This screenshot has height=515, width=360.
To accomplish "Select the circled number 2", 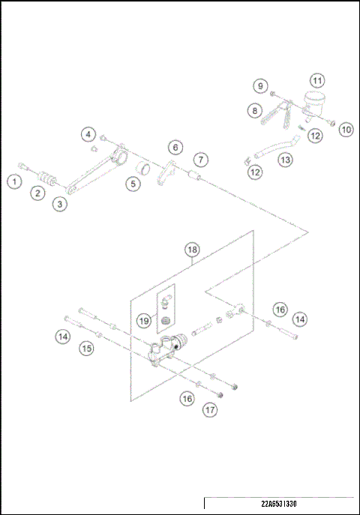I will pos(36,193).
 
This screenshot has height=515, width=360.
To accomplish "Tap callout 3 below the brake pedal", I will pos(59,202).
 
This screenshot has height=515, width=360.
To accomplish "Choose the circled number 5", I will pos(132,183).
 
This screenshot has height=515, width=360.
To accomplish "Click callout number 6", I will pos(175,147).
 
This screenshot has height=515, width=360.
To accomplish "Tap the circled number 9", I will pos(259,86).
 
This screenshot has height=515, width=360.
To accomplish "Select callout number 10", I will pos(345,129).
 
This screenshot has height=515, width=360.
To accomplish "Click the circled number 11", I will pos(317,80).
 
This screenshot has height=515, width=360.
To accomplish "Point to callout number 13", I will pos(285,160).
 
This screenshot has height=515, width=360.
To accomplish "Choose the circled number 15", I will pos(87,348).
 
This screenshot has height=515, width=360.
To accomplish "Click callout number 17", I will pos(209,410).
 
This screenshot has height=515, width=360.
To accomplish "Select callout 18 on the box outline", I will pos(192,249).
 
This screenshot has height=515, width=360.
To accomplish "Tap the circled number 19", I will pos(144,320).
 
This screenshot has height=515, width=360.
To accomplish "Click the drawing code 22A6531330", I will pos(283,503).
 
